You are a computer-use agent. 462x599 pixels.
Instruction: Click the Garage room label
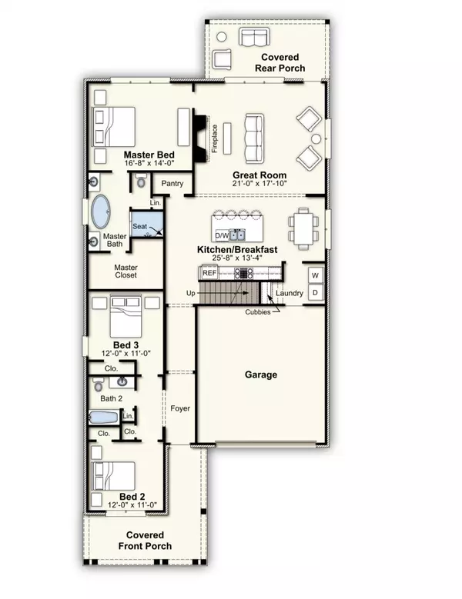click(x=261, y=375)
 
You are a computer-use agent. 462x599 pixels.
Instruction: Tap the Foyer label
click(x=180, y=408)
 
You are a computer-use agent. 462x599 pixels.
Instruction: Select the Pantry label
click(x=172, y=184)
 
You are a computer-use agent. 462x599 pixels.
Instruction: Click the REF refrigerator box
click(x=209, y=273)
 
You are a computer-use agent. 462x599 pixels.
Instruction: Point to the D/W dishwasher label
click(x=221, y=235)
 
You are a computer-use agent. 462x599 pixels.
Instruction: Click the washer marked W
click(x=315, y=275)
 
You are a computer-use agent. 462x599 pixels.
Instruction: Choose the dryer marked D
click(x=315, y=292)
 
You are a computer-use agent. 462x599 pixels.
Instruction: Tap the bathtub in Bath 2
click(x=103, y=418)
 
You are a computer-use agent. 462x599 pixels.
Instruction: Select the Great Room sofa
click(x=255, y=134)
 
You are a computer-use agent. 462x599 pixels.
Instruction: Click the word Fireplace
click(x=216, y=139)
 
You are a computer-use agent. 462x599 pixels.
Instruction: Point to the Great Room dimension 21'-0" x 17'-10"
click(x=260, y=185)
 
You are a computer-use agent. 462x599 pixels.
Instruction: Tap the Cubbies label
click(x=258, y=312)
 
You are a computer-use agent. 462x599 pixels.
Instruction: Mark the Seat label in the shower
click(x=139, y=227)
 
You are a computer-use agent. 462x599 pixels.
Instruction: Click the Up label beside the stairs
click(x=191, y=294)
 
